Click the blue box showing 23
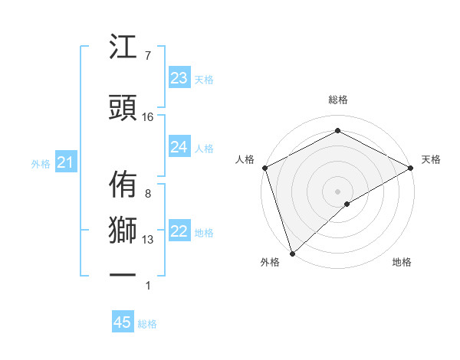click(179, 77)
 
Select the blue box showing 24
click(179, 147)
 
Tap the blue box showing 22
click(179, 231)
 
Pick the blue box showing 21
click(66, 162)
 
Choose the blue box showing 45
click(123, 322)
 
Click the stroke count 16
click(148, 117)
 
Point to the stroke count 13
click(148, 240)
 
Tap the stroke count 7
click(147, 56)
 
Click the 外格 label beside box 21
click(41, 163)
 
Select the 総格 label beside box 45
click(147, 324)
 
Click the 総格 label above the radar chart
click(337, 100)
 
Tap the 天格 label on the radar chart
click(432, 159)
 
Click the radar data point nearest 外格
click(291, 253)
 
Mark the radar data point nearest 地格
click(347, 204)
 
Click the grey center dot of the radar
click(337, 190)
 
